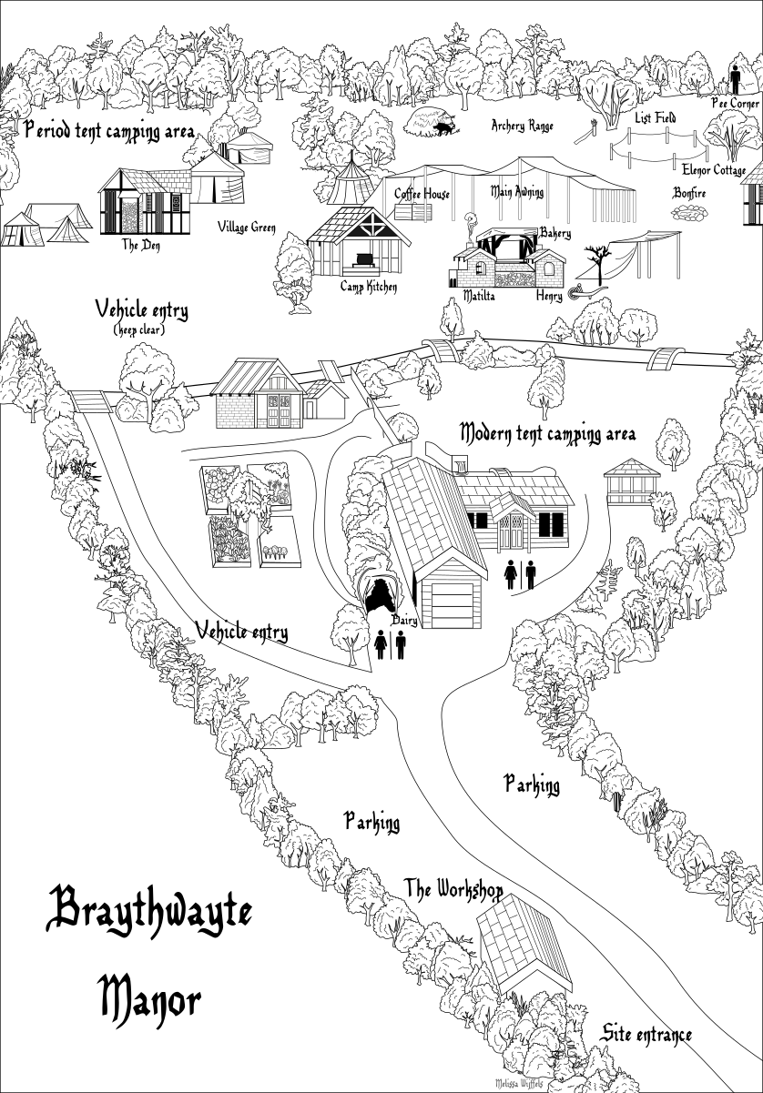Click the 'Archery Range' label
click(522, 127)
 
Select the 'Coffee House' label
click(422, 194)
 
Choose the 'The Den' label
click(141, 245)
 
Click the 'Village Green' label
click(247, 228)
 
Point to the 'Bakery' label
click(554, 234)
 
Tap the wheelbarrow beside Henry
click(577, 292)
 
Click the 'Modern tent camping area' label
click(547, 432)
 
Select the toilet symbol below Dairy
click(390, 644)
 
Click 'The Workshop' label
click(453, 888)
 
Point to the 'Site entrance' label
click(646, 1035)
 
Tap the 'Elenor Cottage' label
click(714, 170)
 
